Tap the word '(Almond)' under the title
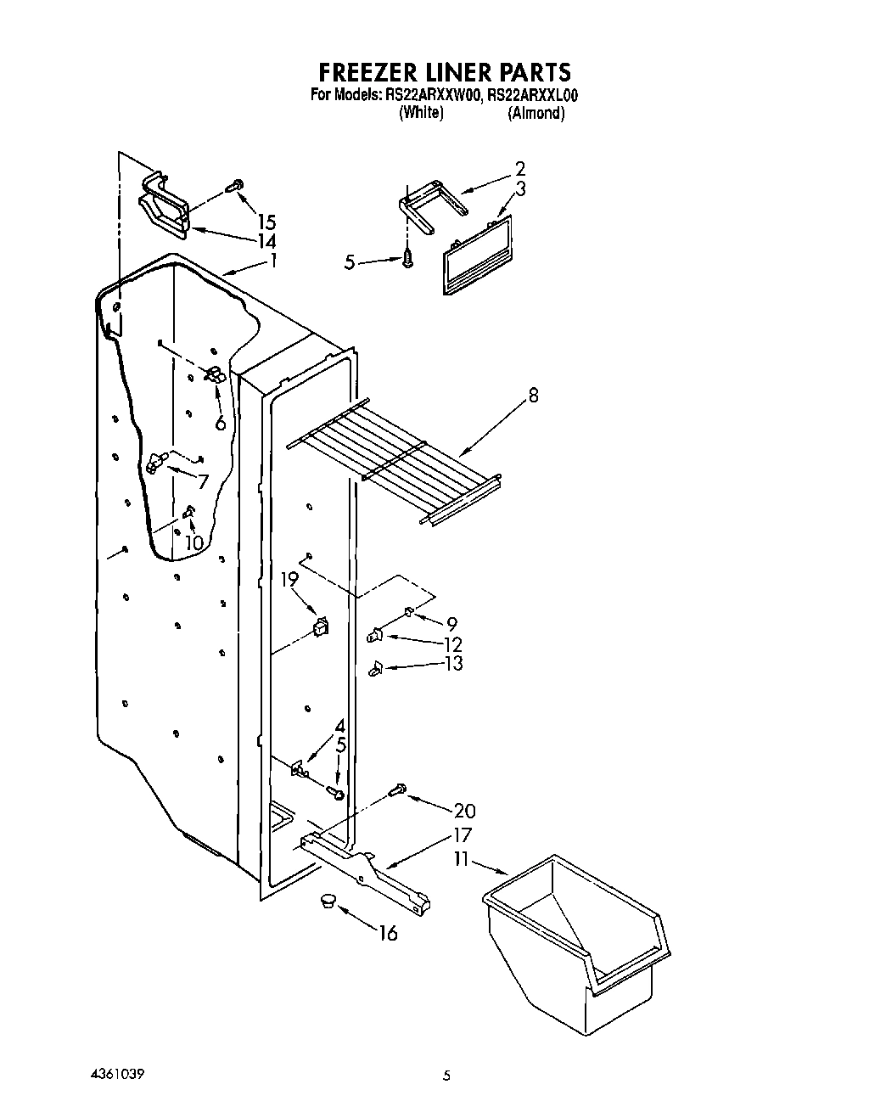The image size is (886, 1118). pos(536,113)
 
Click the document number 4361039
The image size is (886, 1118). pos(116,1074)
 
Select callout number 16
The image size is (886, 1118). pos(387,934)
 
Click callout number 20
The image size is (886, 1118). pos(464,811)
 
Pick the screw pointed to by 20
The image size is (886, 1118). pos(396,790)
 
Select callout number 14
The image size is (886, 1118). pos(266,240)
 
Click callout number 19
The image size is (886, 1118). pos(289,579)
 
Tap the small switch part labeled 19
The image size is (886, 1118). pos(321,627)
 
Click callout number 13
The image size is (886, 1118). pos(453,663)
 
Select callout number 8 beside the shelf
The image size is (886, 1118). pos(532,395)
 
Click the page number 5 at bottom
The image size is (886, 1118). pos(446,1076)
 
